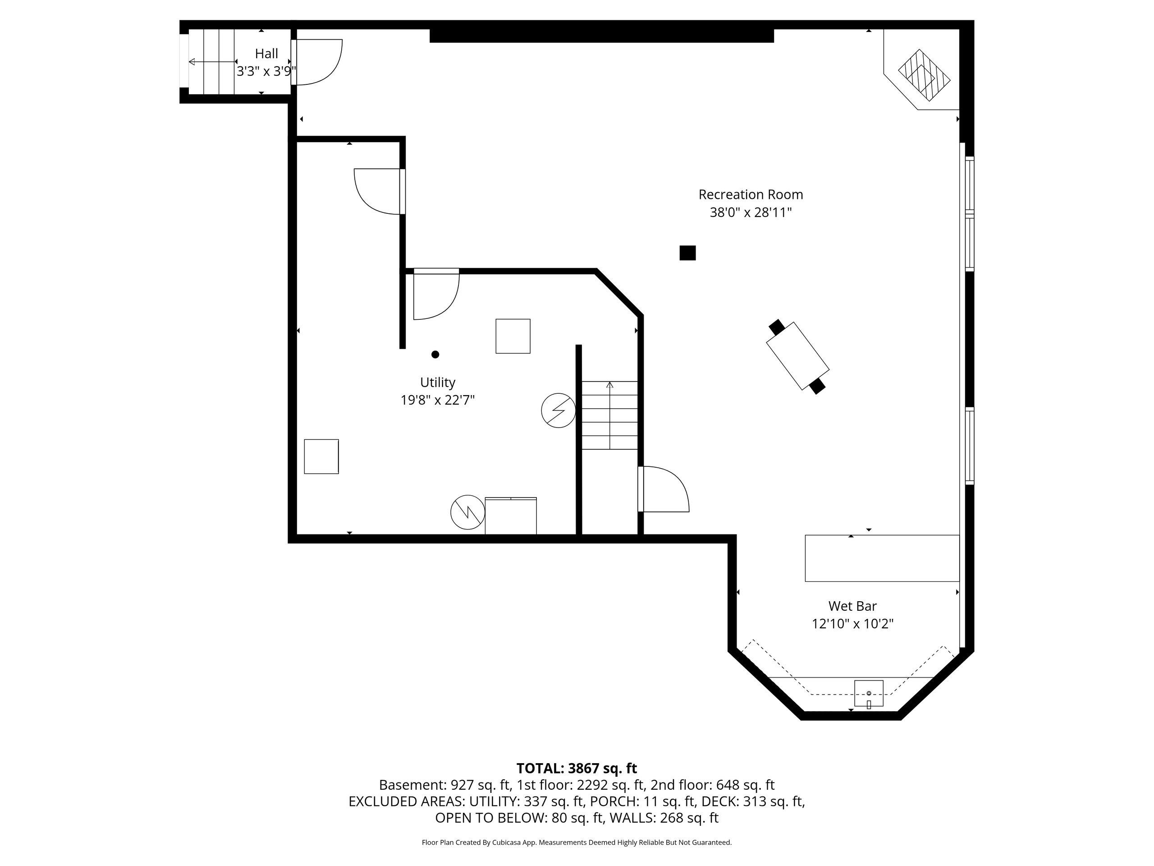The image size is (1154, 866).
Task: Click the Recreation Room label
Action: pyautogui.click(x=750, y=195)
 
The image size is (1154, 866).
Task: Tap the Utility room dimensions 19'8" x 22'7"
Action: pyautogui.click(x=438, y=401)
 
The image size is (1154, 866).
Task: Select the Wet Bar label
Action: pyautogui.click(x=852, y=606)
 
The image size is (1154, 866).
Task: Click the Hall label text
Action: pyautogui.click(x=266, y=53)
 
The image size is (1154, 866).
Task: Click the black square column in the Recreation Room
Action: pyautogui.click(x=687, y=253)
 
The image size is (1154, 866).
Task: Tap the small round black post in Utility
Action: pyautogui.click(x=435, y=355)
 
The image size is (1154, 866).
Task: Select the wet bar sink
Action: pyautogui.click(x=869, y=693)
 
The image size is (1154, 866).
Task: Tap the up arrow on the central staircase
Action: pyautogui.click(x=610, y=415)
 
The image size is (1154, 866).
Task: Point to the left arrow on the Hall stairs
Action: pyautogui.click(x=212, y=62)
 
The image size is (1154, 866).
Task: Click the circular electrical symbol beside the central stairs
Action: pyautogui.click(x=558, y=410)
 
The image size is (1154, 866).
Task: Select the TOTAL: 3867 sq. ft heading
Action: pyautogui.click(x=577, y=769)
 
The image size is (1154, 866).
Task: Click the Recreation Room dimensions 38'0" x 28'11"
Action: pyautogui.click(x=751, y=212)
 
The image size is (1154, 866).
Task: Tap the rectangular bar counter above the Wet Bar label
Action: pyautogui.click(x=882, y=558)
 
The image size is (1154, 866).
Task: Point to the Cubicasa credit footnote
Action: pyautogui.click(x=577, y=843)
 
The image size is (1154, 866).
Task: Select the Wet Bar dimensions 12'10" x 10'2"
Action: pyautogui.click(x=852, y=624)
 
